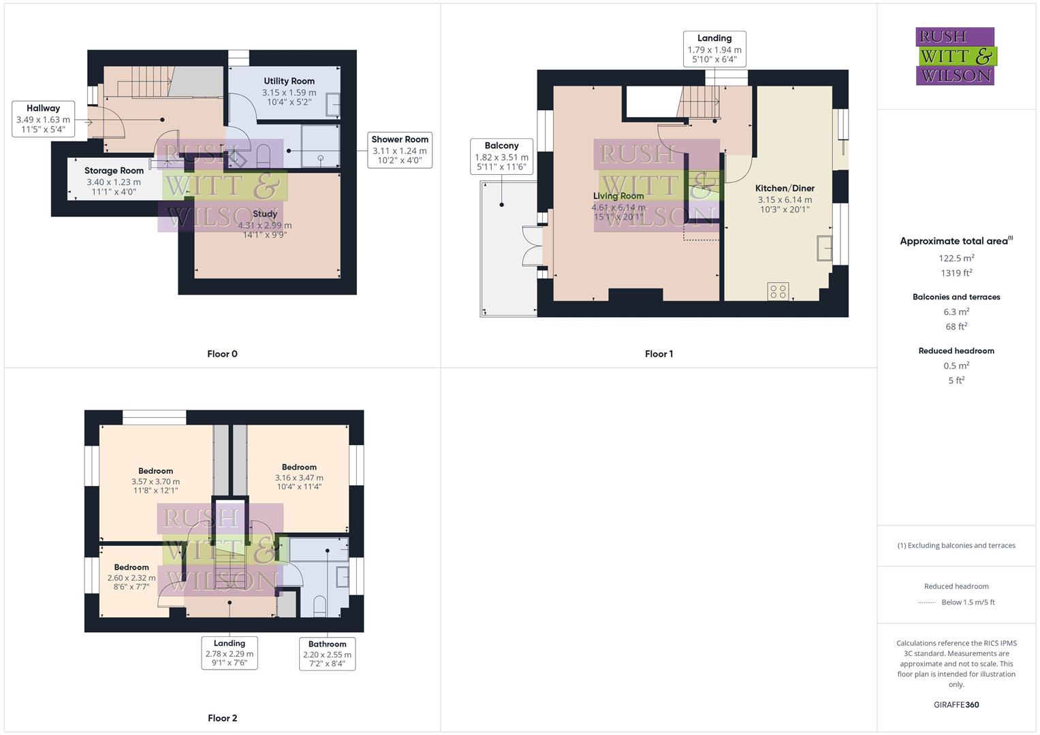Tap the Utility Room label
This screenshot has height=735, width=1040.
(x=289, y=81)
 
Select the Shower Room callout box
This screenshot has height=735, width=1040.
(x=400, y=150)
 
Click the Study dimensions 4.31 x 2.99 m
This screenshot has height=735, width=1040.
(x=265, y=225)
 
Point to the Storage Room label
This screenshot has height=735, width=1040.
(x=114, y=171)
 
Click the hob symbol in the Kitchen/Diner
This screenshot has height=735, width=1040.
(x=778, y=292)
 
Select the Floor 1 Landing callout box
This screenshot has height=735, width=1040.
(x=714, y=49)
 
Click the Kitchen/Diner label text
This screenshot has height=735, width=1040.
(x=785, y=189)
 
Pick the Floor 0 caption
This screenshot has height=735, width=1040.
(x=222, y=354)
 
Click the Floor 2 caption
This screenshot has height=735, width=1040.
(x=222, y=718)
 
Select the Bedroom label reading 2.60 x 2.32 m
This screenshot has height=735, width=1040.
(x=131, y=578)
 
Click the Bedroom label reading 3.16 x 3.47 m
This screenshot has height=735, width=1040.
(x=299, y=478)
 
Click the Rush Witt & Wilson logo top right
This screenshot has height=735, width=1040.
(x=956, y=56)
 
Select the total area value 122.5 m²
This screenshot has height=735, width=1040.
(x=956, y=258)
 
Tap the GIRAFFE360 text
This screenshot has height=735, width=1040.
(x=956, y=704)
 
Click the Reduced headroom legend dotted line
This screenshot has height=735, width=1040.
(x=927, y=602)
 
